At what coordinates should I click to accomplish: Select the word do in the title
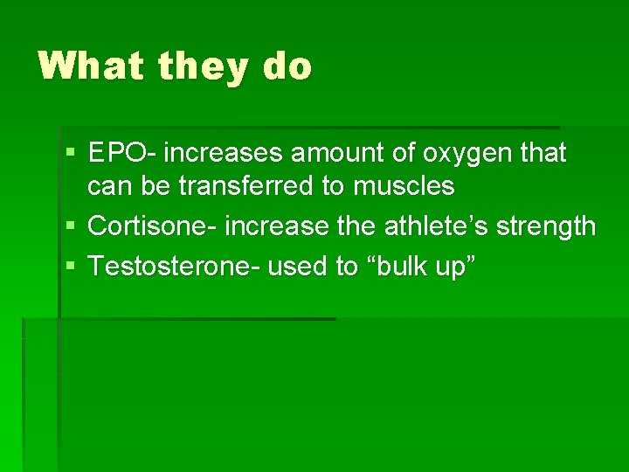click(x=285, y=66)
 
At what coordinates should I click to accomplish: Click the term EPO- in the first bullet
click(x=122, y=154)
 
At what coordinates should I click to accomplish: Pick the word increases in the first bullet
click(x=223, y=154)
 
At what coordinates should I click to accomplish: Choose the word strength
click(x=548, y=226)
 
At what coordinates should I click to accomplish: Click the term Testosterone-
click(x=175, y=266)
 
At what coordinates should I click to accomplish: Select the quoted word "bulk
click(x=404, y=266)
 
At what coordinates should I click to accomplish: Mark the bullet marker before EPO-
click(x=71, y=154)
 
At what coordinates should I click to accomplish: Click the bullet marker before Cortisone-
click(x=71, y=226)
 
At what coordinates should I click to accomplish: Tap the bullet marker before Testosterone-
click(x=71, y=266)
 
